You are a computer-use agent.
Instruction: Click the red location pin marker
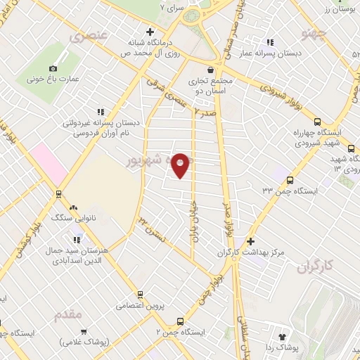point(181,165)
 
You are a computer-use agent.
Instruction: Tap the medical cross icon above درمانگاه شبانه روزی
point(150,31)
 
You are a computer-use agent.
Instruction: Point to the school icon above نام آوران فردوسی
point(101,111)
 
